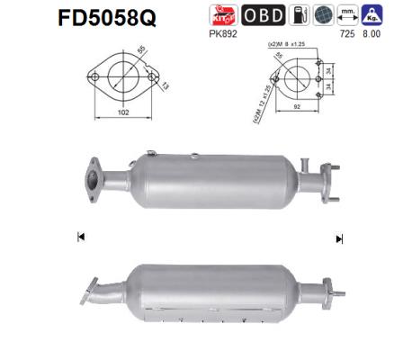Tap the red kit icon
click(219, 15)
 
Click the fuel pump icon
click(298, 15)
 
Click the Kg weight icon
click(369, 15)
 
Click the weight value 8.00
click(370, 34)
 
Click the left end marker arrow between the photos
click(81, 238)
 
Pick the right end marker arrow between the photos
click(339, 238)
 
